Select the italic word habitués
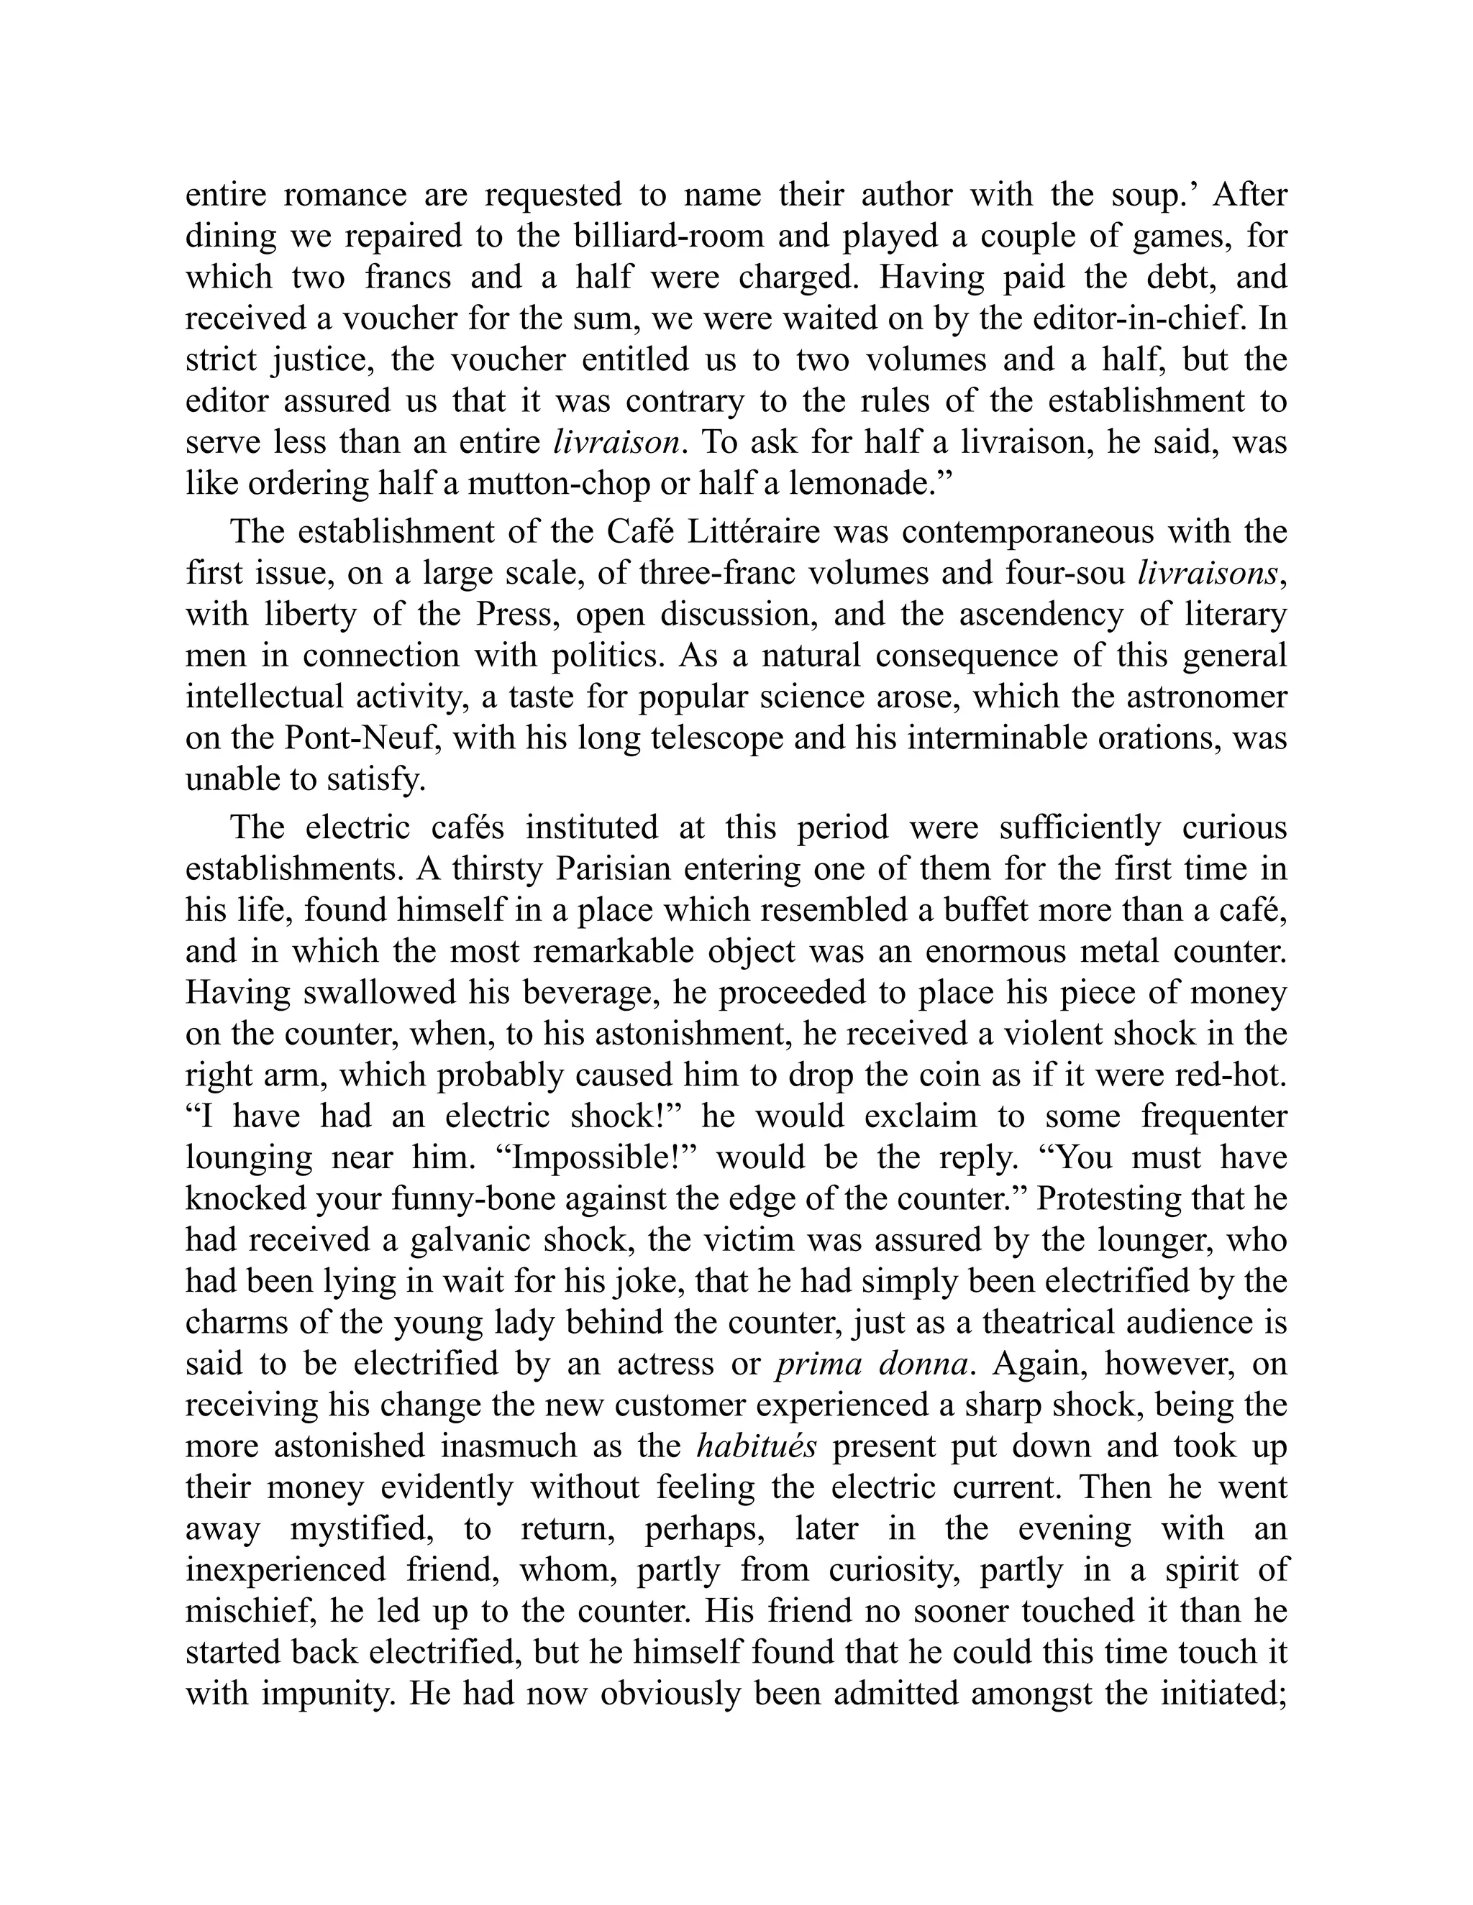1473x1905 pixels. (757, 1446)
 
